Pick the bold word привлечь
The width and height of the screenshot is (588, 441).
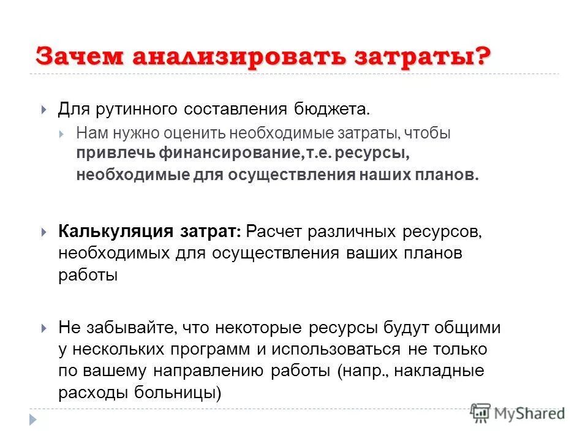click(x=115, y=153)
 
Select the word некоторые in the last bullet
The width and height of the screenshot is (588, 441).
click(x=258, y=328)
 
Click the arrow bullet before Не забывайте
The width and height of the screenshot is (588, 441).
click(x=44, y=328)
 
